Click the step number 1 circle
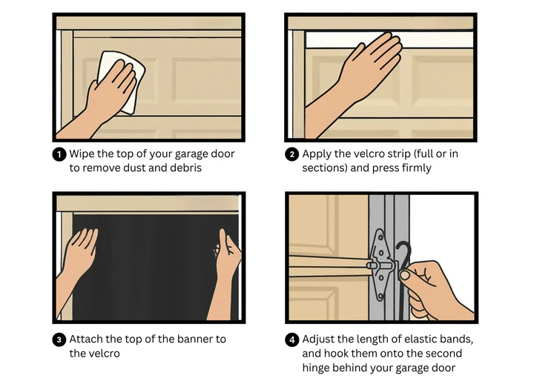[59, 155]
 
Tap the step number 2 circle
[291, 155]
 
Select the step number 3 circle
[59, 339]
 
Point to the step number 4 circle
[291, 339]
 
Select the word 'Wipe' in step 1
[82, 154]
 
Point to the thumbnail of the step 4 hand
[405, 275]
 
